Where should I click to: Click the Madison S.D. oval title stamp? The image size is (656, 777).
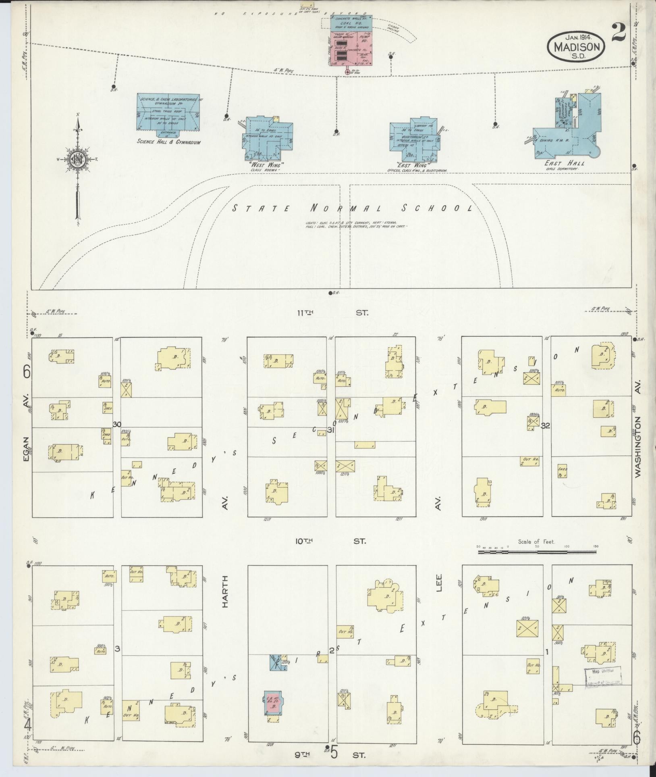(x=577, y=46)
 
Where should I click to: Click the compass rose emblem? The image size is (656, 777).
(x=77, y=159)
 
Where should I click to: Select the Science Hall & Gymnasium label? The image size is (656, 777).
(x=168, y=142)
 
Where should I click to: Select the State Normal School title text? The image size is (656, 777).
(x=353, y=208)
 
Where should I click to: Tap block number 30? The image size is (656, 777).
(x=117, y=425)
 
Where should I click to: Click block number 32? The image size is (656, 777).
(x=546, y=426)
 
